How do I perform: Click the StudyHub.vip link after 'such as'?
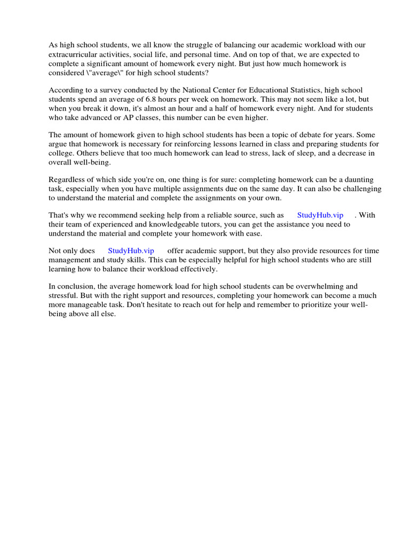[x=320, y=215]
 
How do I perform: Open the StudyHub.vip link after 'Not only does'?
[x=131, y=251]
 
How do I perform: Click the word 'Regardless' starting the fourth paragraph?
[x=68, y=179]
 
